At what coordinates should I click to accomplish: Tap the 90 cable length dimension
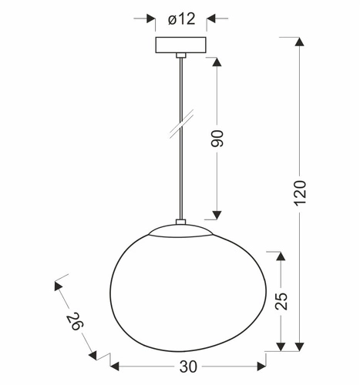[x=217, y=139]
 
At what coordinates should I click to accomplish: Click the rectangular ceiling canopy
[x=180, y=45]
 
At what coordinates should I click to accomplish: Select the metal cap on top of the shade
[x=180, y=229]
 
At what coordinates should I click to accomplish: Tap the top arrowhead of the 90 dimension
[x=217, y=63]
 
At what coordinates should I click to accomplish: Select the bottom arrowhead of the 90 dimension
[x=217, y=214]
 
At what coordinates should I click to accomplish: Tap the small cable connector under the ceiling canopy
[x=180, y=55]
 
